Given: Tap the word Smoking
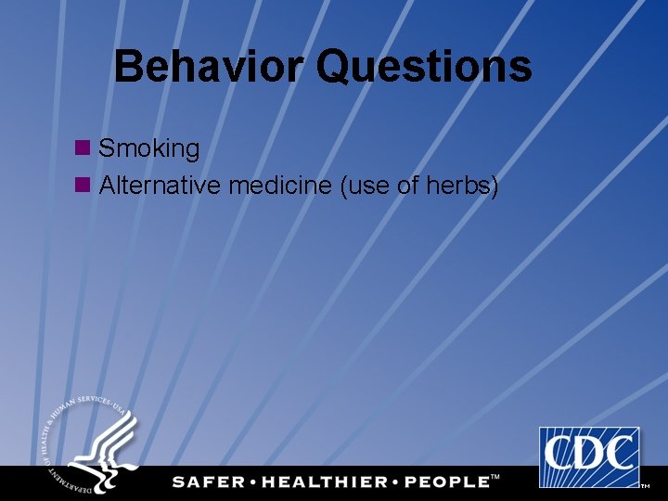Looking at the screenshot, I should pyautogui.click(x=149, y=148).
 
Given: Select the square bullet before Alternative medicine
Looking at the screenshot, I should pyautogui.click(x=83, y=186).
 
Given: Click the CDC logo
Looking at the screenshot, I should pyautogui.click(x=589, y=456).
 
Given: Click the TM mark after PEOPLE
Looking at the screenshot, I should pyautogui.click(x=495, y=477).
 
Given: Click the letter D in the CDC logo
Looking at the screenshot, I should pyautogui.click(x=589, y=454).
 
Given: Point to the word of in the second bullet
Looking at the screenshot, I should pyautogui.click(x=408, y=186).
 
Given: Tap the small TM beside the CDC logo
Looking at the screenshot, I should pyautogui.click(x=645, y=485).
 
